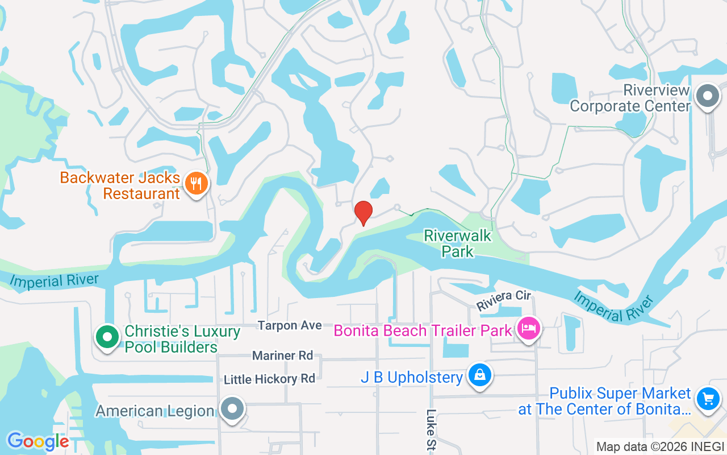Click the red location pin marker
[x=363, y=213]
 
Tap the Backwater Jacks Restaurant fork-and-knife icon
[x=197, y=184]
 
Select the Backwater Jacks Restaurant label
[x=120, y=185]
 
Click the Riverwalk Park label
[x=458, y=243]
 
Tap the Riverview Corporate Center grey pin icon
[x=708, y=96]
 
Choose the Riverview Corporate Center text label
[x=630, y=98]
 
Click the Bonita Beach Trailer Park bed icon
[x=529, y=328]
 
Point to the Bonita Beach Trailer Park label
[x=423, y=330]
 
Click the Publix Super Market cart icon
[x=708, y=398]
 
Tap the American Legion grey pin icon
[x=232, y=409]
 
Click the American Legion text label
[x=154, y=411]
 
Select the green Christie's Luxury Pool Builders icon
[x=106, y=337]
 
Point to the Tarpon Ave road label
[x=290, y=325]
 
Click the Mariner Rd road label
[x=282, y=355]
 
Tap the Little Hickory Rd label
[x=269, y=379]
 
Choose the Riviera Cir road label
[x=503, y=300]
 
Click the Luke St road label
[x=432, y=429]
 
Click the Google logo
[x=37, y=441]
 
